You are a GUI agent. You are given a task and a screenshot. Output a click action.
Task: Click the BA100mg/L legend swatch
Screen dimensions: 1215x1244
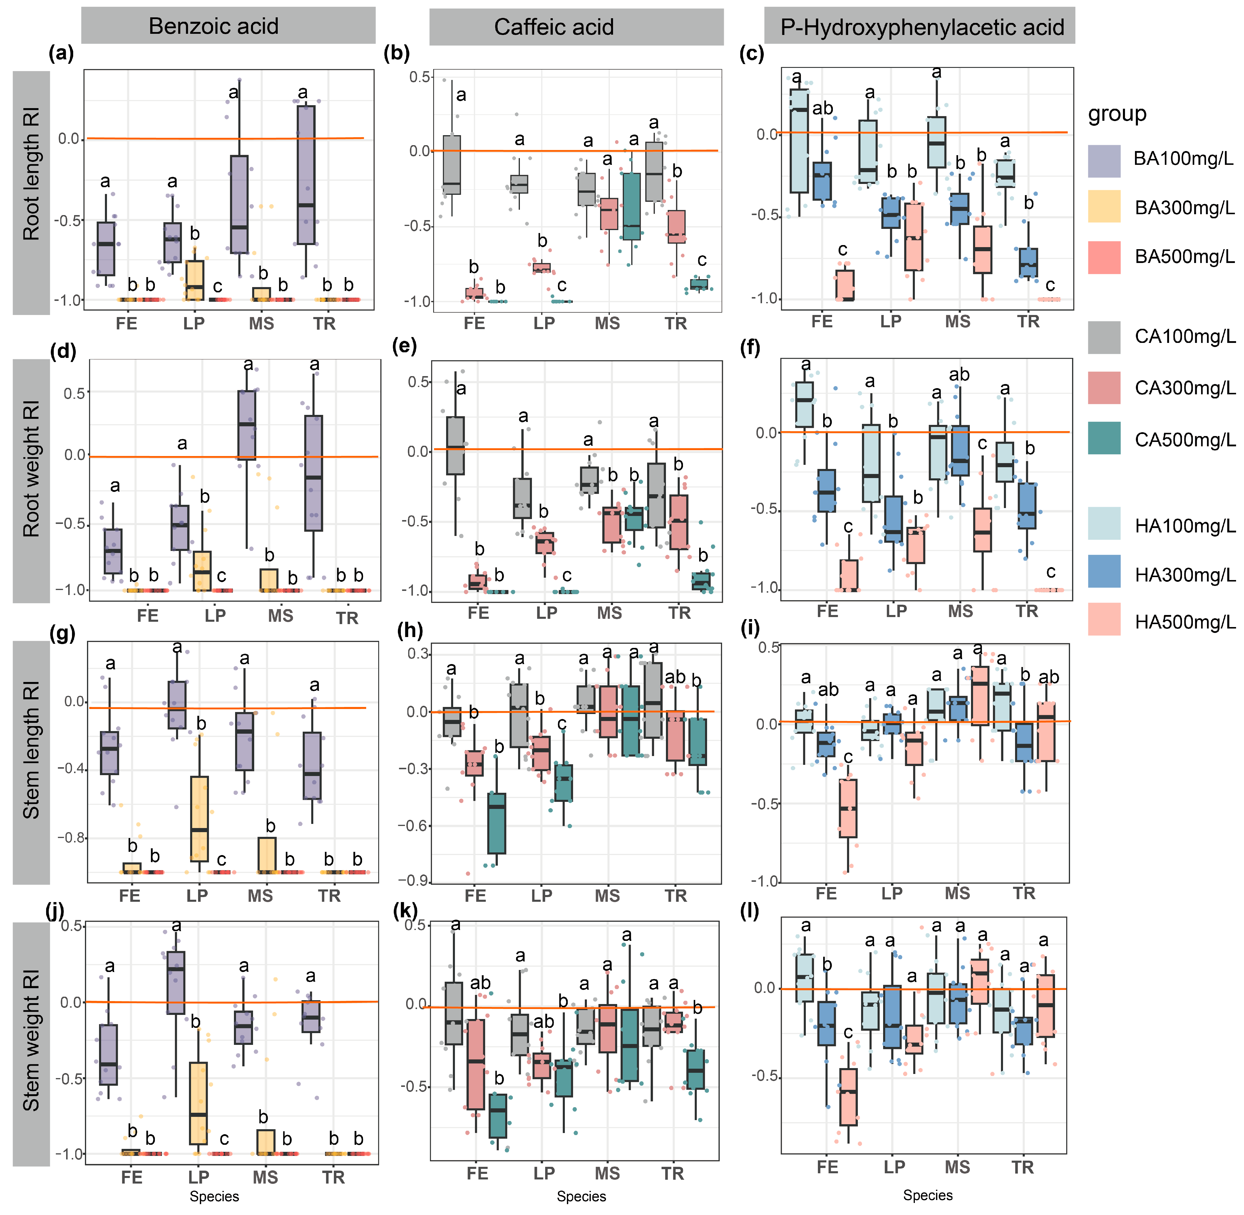tap(1104, 161)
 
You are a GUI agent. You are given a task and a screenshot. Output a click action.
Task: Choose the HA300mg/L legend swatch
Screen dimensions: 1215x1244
tap(1104, 571)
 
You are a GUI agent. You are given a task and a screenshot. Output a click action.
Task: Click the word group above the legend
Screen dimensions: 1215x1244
tap(1117, 114)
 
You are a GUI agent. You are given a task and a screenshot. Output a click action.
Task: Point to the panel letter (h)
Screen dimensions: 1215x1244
tap(410, 631)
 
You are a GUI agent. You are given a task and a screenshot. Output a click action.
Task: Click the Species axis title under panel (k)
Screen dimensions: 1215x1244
tap(581, 1196)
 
